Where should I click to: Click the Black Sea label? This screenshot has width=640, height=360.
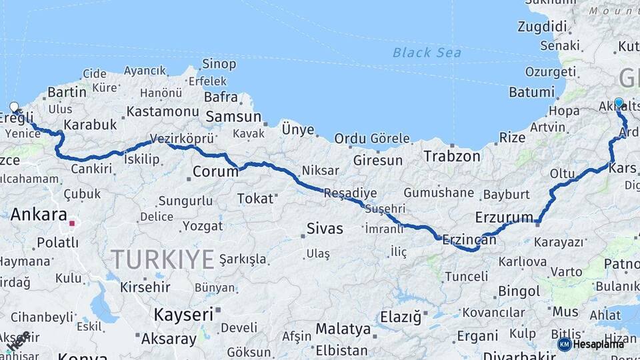427,53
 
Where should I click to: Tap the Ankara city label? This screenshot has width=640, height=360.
39,215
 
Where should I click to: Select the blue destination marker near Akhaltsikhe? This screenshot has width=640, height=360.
619,103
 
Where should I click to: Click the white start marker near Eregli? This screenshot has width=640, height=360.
15,107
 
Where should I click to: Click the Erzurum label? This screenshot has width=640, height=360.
505,217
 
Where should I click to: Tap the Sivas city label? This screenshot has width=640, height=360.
325,229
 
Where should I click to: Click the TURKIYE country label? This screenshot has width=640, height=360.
163,259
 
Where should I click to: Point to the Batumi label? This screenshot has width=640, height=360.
531,92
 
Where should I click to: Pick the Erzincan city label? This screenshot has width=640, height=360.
469,239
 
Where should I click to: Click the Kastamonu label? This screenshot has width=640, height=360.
163,111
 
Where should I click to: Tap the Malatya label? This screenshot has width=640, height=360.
343,329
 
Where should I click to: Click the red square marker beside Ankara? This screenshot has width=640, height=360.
72,223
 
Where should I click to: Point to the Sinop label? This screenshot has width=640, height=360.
219,64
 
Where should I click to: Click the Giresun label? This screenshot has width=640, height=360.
378,161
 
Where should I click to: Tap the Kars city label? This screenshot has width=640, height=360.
623,167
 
